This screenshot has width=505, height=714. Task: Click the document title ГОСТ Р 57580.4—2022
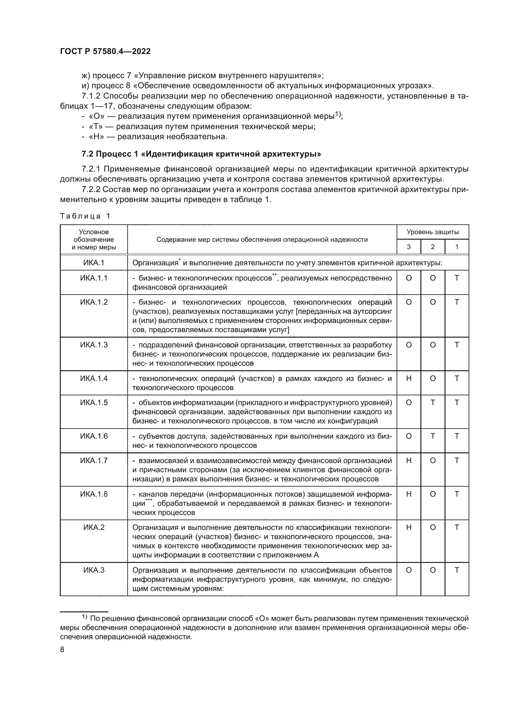[x=105, y=52]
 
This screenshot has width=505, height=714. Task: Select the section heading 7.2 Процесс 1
[x=201, y=154]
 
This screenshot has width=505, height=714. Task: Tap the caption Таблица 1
[x=85, y=216]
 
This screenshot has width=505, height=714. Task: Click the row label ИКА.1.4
[x=94, y=379]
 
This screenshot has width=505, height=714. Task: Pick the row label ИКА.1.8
[x=94, y=494]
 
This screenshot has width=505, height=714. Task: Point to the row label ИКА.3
[x=94, y=570]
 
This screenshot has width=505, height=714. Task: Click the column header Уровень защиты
[x=433, y=232]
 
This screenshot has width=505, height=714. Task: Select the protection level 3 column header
[x=409, y=247]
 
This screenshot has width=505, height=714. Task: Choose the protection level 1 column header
[x=457, y=247]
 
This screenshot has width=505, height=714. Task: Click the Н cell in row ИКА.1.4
[x=409, y=379]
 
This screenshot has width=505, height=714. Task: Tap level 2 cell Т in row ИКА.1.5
[x=433, y=403]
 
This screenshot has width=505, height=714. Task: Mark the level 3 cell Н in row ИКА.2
[x=409, y=527]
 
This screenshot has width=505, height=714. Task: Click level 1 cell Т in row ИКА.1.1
[x=457, y=278]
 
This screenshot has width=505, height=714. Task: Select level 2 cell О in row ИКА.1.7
[x=433, y=461]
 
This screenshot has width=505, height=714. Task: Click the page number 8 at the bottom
[x=62, y=650]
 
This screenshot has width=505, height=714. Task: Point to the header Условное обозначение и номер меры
[x=94, y=239]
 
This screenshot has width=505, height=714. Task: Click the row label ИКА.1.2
[x=94, y=302]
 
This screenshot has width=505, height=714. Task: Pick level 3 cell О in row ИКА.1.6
[x=409, y=436]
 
